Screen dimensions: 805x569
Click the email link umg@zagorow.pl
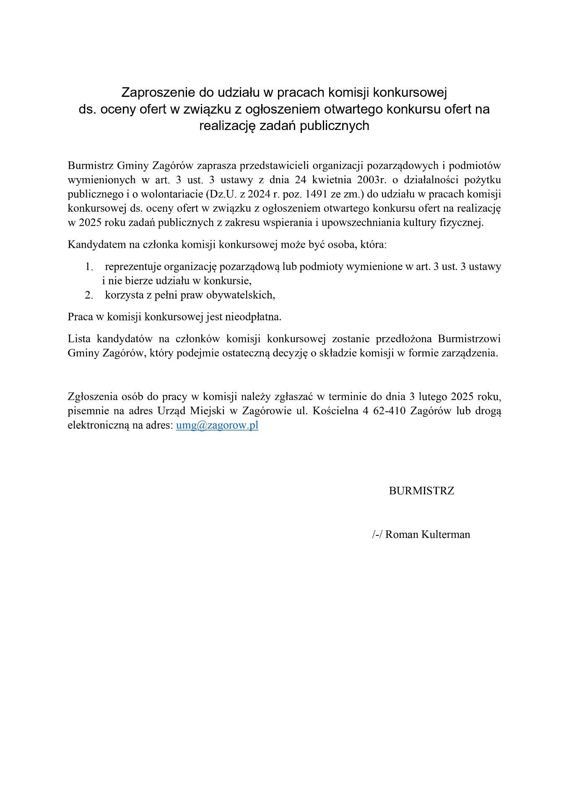coord(217,425)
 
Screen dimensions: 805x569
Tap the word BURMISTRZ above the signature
coord(421,491)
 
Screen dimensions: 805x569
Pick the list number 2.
coord(88,295)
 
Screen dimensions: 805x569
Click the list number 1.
coord(88,267)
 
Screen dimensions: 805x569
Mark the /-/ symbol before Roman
coord(377,535)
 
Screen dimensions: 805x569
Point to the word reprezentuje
coord(133,267)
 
